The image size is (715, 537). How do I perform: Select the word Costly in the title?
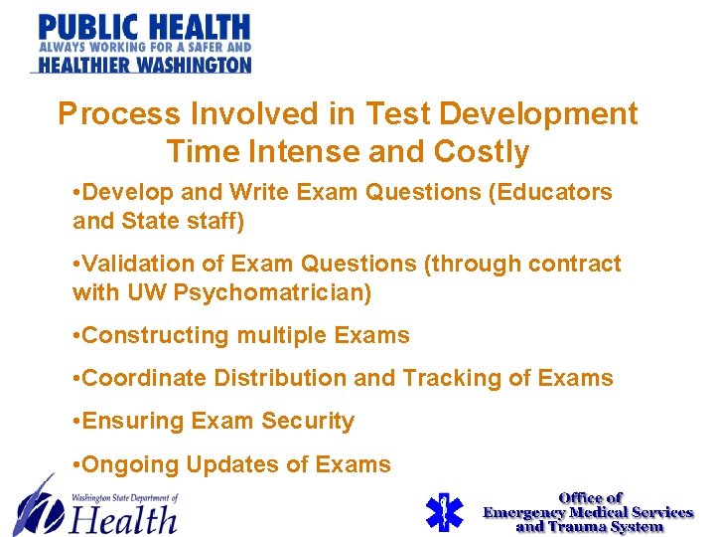click(x=481, y=152)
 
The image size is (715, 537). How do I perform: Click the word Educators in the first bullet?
click(x=552, y=192)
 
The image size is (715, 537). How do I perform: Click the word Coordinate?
click(x=145, y=379)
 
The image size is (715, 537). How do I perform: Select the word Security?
click(x=308, y=422)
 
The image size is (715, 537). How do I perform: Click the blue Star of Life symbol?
click(x=444, y=512)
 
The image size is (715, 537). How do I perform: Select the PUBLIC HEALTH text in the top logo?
click(x=144, y=28)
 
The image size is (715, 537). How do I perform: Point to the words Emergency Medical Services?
click(x=588, y=512)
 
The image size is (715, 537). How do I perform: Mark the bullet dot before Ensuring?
click(x=77, y=422)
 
